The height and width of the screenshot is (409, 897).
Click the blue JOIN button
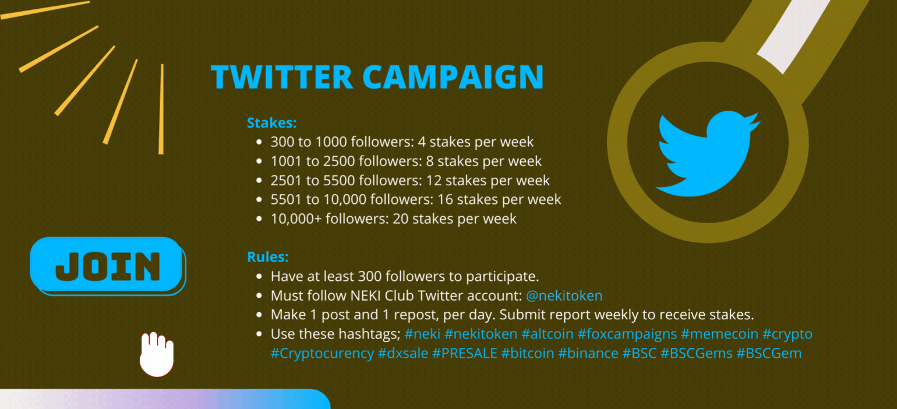coord(108,266)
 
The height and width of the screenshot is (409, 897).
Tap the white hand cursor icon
coord(157,354)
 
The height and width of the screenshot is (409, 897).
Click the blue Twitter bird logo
coord(708,154)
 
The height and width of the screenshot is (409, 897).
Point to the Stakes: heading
coord(271,122)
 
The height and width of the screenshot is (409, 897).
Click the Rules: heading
coord(267,257)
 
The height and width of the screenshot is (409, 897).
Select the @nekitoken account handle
coord(564,295)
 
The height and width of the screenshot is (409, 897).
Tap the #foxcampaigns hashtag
coord(627,334)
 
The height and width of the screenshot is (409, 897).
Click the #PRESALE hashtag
coord(465,353)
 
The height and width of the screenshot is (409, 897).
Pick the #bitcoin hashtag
coord(527,353)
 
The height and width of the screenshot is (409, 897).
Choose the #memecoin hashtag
coord(719,334)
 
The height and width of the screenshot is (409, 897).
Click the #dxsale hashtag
coord(403,353)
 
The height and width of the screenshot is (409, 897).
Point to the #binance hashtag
coord(588,353)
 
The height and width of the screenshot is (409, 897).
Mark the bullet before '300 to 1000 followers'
coord(259,142)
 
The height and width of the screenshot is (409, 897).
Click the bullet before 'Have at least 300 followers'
coord(259,276)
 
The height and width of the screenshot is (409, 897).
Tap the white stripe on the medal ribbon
coord(793,34)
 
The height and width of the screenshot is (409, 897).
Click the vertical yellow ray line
coord(161,109)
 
